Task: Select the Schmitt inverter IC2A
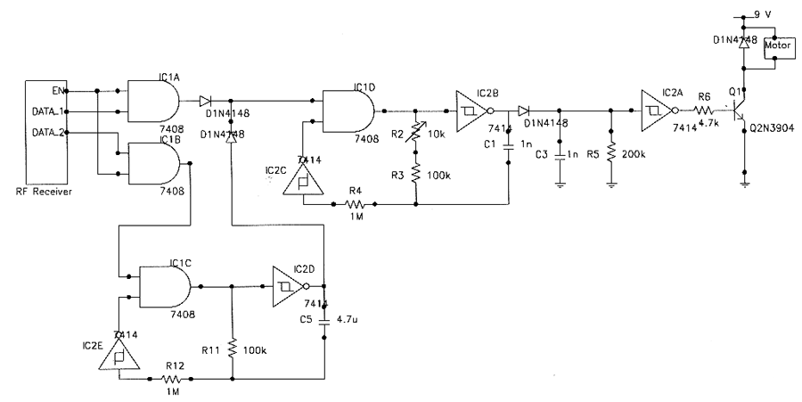pyautogui.click(x=655, y=111)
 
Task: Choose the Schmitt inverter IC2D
pyautogui.click(x=286, y=286)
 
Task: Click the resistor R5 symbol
pyautogui.click(x=610, y=152)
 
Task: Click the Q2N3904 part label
pyautogui.click(x=773, y=127)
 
